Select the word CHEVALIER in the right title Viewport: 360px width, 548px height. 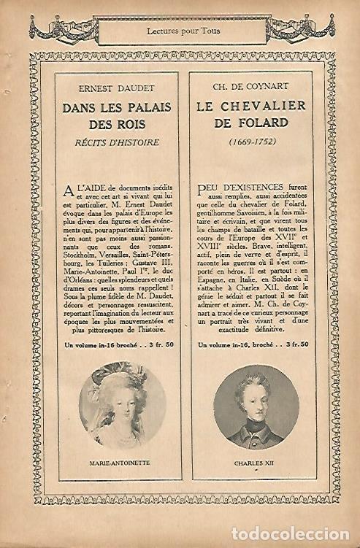[269, 107]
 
